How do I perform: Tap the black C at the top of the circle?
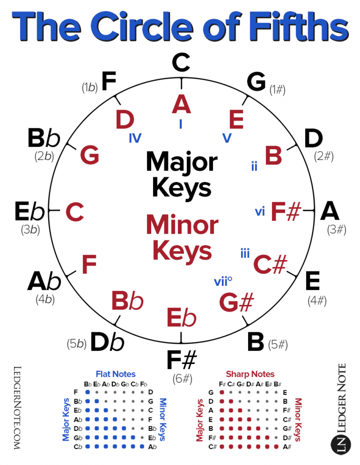click(x=181, y=62)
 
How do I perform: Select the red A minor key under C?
click(x=181, y=104)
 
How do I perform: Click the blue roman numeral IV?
click(x=135, y=138)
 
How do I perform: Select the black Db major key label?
click(x=107, y=342)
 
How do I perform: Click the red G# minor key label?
click(x=237, y=302)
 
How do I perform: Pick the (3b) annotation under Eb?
click(x=30, y=230)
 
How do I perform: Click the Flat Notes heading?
click(x=116, y=374)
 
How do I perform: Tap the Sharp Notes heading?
click(x=250, y=374)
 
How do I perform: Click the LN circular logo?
click(x=341, y=445)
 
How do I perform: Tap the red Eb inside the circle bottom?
click(x=181, y=318)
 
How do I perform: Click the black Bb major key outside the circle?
click(x=44, y=138)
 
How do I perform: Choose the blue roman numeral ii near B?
click(x=254, y=166)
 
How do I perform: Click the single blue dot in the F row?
click(x=87, y=392)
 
